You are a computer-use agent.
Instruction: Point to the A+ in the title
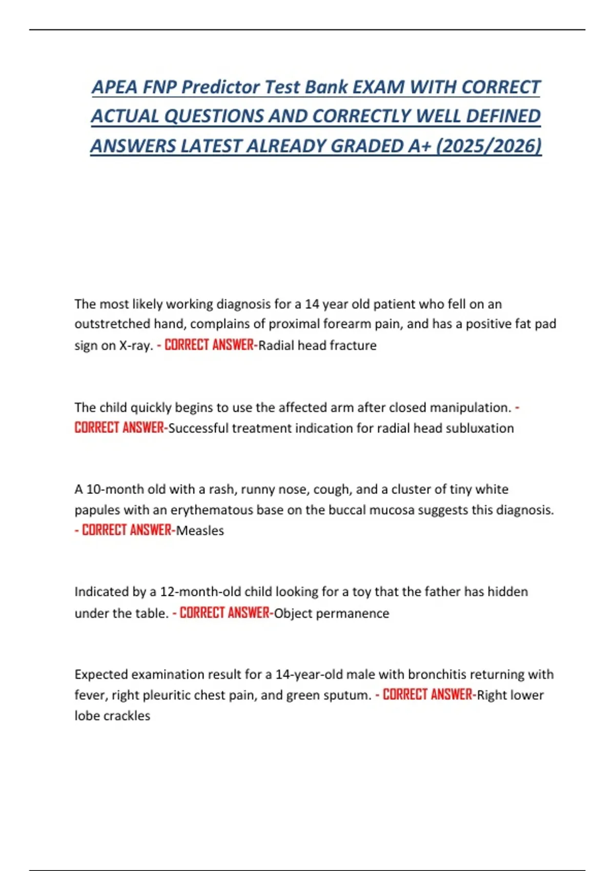click(419, 146)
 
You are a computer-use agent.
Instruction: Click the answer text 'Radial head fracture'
click(317, 345)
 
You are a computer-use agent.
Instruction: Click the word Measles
click(200, 530)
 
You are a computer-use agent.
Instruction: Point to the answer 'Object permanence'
click(332, 613)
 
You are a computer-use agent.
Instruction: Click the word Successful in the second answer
click(198, 428)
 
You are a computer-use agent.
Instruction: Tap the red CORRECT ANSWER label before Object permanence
click(224, 613)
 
